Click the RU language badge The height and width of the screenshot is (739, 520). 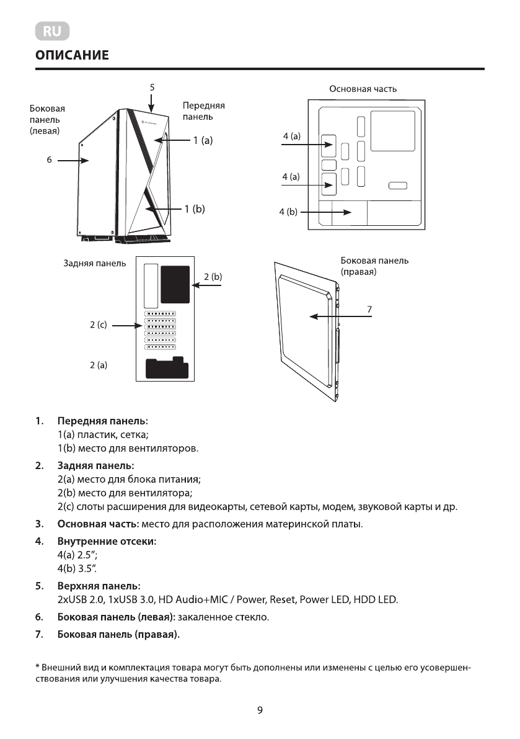click(x=53, y=31)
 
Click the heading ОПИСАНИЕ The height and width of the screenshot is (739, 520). click(x=72, y=56)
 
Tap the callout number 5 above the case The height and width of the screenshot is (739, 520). click(x=152, y=87)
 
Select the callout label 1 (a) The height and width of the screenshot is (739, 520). click(x=203, y=141)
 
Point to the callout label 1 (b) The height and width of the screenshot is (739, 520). click(x=195, y=209)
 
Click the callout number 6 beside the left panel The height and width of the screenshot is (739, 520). click(x=49, y=160)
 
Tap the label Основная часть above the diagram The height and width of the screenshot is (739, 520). click(x=363, y=89)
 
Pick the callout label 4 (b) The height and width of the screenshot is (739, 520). click(x=288, y=212)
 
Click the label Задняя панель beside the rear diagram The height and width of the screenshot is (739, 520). click(x=94, y=263)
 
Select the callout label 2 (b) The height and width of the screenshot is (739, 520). click(x=213, y=276)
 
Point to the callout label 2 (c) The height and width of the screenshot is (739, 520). click(x=99, y=325)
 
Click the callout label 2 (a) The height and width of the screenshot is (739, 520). click(x=99, y=365)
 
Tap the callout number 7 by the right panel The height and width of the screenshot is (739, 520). click(x=369, y=308)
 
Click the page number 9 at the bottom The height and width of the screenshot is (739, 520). click(x=260, y=710)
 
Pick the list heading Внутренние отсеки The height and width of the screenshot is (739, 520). click(x=107, y=542)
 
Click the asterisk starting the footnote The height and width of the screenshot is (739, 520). click(x=37, y=667)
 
